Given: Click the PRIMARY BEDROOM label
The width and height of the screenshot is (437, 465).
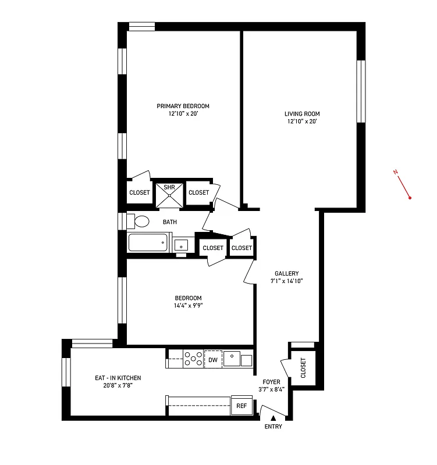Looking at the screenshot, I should (183, 106).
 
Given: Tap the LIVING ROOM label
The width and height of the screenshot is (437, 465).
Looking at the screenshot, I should (302, 114).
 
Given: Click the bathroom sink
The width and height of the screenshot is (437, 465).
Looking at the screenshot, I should (181, 244).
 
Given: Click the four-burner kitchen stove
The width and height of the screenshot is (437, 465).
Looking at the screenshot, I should (193, 359).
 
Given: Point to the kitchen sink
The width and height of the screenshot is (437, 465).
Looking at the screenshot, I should (233, 359).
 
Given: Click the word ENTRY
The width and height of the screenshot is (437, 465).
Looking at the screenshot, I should (273, 427).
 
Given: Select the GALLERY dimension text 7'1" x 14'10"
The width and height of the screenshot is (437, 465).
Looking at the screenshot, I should (287, 281).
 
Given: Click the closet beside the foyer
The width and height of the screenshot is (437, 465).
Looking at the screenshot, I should (303, 369).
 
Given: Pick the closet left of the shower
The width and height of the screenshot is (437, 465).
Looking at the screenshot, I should (139, 192).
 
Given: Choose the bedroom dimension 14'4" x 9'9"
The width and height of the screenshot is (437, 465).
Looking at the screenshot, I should (188, 305).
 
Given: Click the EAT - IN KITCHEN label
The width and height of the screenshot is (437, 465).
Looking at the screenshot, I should (118, 378).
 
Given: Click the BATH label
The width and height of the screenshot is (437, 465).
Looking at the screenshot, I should (169, 222).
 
